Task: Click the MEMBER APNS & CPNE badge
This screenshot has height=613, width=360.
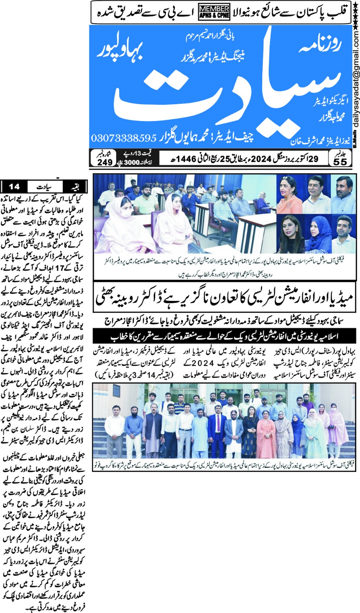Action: (x=214, y=12)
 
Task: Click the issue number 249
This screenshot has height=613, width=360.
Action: (x=105, y=162)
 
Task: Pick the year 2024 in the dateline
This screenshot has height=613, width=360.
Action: (x=261, y=158)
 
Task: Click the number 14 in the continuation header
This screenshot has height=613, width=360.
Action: (x=14, y=187)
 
